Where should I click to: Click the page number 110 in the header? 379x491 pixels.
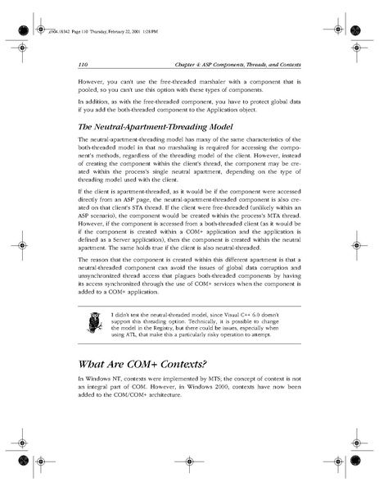coord(83,64)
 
